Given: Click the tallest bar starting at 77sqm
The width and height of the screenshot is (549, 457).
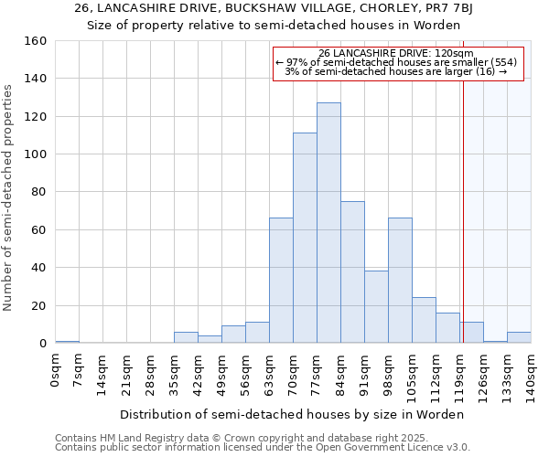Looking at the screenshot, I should click(328, 223).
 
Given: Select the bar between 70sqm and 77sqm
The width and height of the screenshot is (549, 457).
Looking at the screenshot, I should click(305, 238).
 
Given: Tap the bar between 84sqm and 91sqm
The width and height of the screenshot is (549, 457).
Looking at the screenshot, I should click(352, 272).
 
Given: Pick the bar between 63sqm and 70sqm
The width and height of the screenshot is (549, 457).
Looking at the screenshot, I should click(281, 281).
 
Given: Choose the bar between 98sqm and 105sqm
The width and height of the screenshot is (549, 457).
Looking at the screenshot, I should click(400, 281).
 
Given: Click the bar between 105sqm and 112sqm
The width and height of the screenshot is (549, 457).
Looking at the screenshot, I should click(424, 320).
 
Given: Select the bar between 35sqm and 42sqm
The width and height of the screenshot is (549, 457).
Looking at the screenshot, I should click(186, 337).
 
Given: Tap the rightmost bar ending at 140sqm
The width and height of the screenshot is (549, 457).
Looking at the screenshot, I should click(519, 337).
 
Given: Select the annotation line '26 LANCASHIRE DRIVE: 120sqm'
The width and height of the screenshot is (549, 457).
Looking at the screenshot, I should click(396, 54).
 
